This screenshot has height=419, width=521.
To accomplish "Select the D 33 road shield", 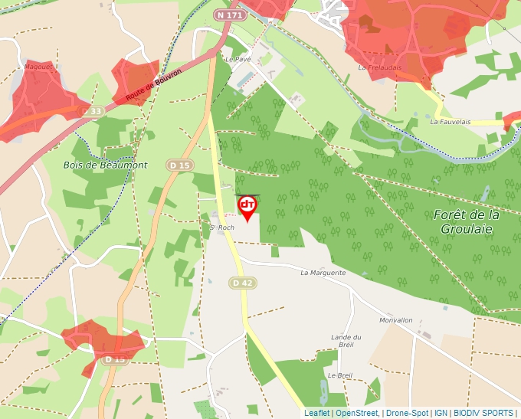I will (92, 112).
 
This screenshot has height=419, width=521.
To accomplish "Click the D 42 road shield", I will (241, 283).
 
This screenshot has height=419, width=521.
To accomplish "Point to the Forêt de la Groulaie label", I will (467, 221).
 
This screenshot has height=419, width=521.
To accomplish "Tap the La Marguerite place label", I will (323, 273).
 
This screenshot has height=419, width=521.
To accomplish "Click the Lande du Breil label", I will (346, 341).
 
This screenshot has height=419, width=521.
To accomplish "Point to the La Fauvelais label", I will (450, 122).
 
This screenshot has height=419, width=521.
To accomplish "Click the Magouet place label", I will (38, 67).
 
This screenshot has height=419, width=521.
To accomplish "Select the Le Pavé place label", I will (238, 58).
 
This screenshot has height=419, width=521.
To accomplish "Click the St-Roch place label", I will (222, 228).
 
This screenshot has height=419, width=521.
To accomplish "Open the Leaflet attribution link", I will (316, 413).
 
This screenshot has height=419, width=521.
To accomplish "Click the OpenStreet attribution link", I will (356, 413).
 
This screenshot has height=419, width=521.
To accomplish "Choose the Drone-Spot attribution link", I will (407, 413).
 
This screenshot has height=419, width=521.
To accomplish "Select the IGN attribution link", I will (441, 413).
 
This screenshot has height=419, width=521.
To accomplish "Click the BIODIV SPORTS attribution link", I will (483, 413).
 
